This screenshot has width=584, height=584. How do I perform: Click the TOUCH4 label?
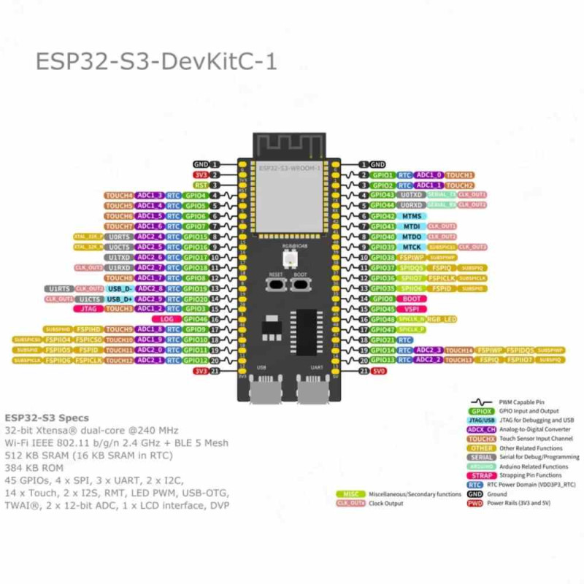(119, 196)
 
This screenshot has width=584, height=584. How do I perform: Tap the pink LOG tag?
(166, 319)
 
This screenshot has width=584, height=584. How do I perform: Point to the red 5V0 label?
(378, 371)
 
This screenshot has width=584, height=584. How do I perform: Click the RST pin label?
(201, 185)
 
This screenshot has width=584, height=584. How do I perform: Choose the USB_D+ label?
(120, 299)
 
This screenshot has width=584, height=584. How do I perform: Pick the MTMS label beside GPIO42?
(412, 216)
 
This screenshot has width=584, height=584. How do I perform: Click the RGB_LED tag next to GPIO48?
(442, 319)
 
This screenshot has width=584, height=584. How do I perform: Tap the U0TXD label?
(412, 196)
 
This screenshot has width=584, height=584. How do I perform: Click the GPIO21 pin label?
(382, 340)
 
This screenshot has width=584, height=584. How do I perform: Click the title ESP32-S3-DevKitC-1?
(156, 61)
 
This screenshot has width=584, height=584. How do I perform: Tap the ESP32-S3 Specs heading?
(47, 418)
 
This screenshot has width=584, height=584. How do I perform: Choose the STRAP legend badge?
(482, 475)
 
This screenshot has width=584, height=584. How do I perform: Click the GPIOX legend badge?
(482, 411)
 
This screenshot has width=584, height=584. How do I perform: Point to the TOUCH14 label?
(459, 350)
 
